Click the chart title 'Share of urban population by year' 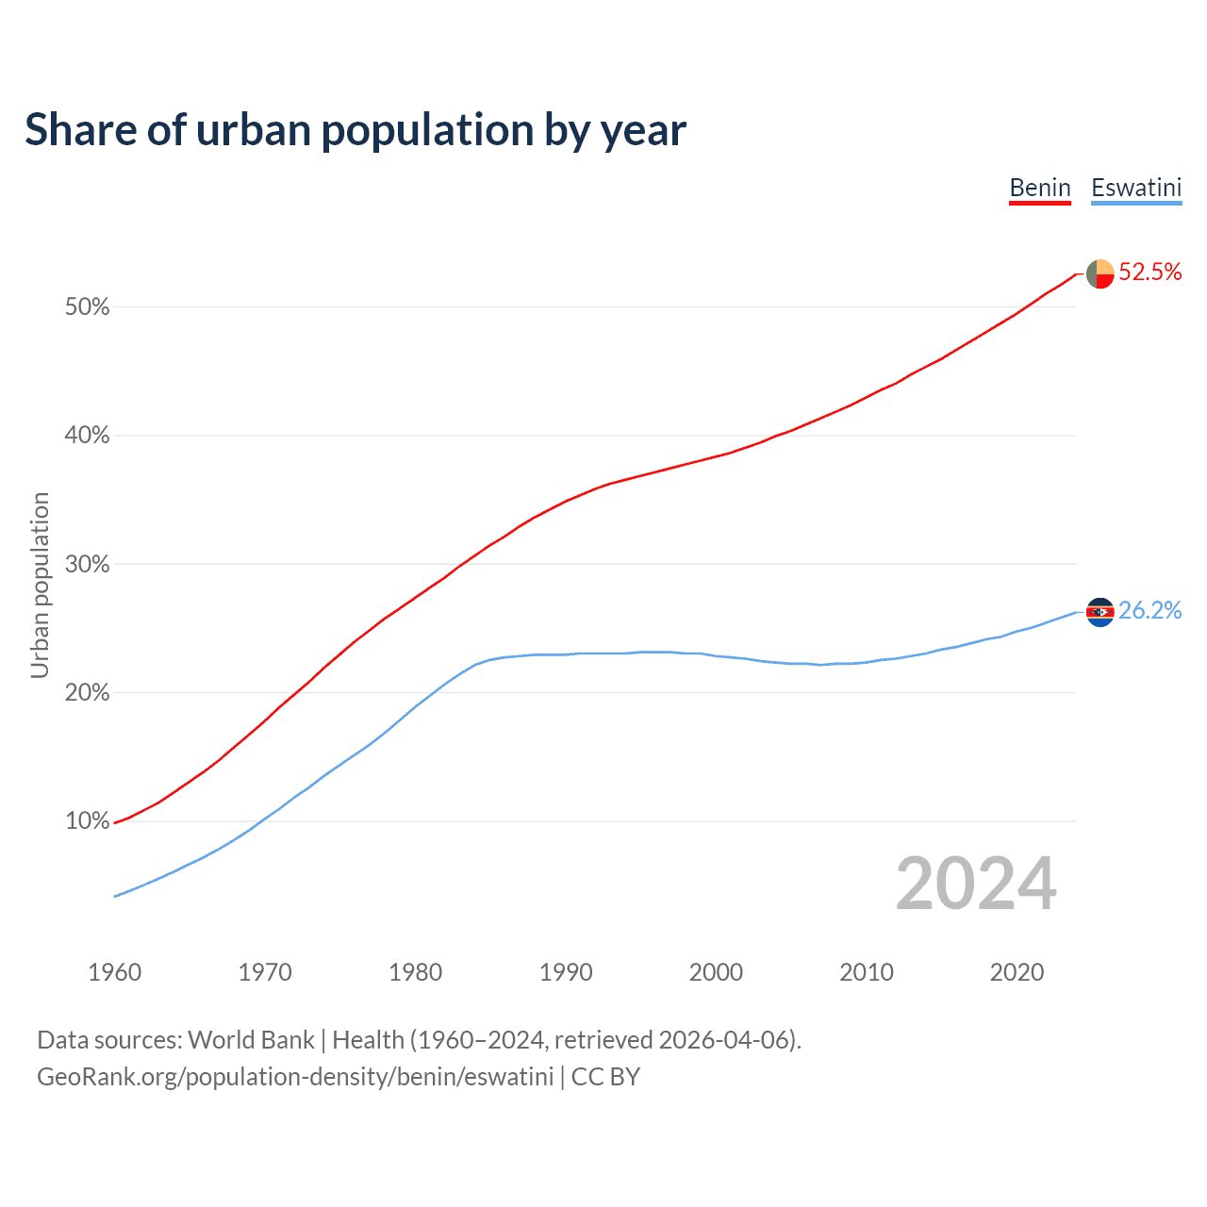(x=355, y=130)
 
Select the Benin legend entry (x=1040, y=188)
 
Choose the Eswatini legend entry (x=1136, y=188)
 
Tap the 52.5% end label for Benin (x=1150, y=273)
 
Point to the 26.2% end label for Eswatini (x=1150, y=611)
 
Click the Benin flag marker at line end (x=1100, y=273)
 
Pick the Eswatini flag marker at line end (x=1100, y=612)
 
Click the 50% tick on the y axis (x=87, y=307)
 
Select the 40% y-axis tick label (x=87, y=436)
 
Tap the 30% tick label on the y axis (x=87, y=565)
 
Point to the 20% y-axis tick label (x=87, y=693)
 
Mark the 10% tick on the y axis (x=87, y=821)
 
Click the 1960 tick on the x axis (x=114, y=972)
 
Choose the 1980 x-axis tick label (x=415, y=972)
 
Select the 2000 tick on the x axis (x=716, y=972)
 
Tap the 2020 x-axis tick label (x=1017, y=972)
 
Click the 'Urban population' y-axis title (x=40, y=585)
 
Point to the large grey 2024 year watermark (x=976, y=884)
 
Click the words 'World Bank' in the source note (x=251, y=1040)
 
